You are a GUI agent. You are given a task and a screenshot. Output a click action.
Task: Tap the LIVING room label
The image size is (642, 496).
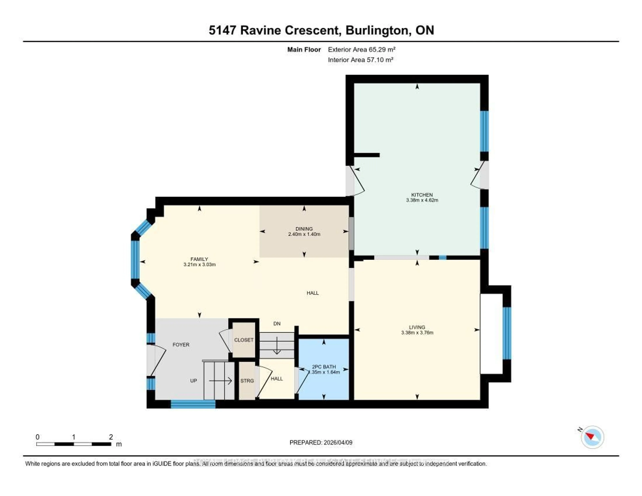pos(417,327)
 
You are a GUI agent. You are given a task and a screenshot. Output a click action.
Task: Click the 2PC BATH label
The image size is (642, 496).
pos(324,367)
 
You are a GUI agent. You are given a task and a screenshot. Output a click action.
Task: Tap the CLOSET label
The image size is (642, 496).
pos(244,340)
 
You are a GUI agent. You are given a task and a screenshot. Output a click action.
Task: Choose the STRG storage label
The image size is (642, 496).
pos(247,381)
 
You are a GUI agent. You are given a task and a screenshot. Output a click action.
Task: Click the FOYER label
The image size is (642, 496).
pos(181,345)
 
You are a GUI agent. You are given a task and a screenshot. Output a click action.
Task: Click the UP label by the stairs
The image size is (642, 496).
pos(193,381)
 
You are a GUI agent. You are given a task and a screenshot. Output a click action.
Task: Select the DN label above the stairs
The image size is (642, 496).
pos(277,324)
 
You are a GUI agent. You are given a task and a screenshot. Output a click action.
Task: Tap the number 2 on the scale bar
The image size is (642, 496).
pos(111,437)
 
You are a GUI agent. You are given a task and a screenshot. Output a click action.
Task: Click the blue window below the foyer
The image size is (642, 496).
pos(193,405)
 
